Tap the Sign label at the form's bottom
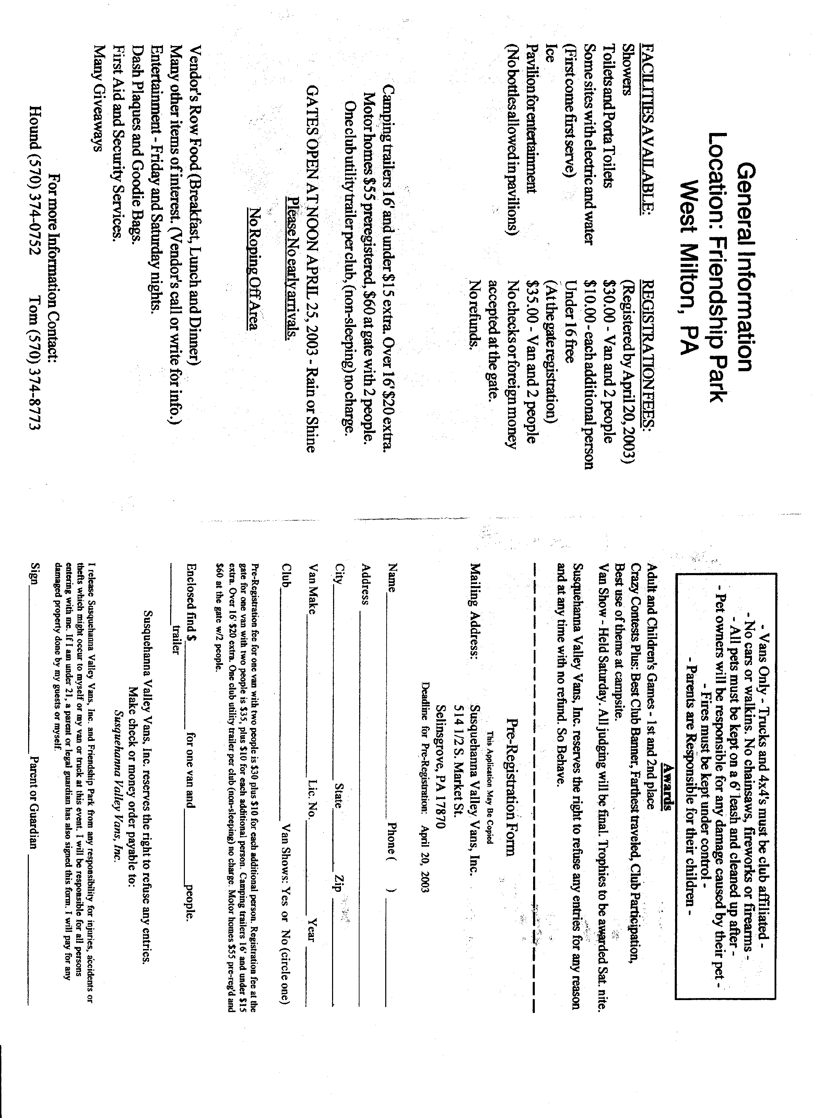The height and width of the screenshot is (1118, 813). coord(34,572)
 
